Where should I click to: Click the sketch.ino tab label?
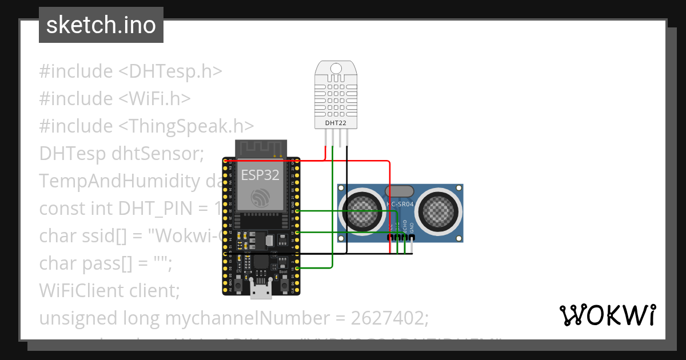tap(101, 25)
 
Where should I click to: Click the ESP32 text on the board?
tap(260, 174)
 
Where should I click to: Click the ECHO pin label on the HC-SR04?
tap(405, 227)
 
